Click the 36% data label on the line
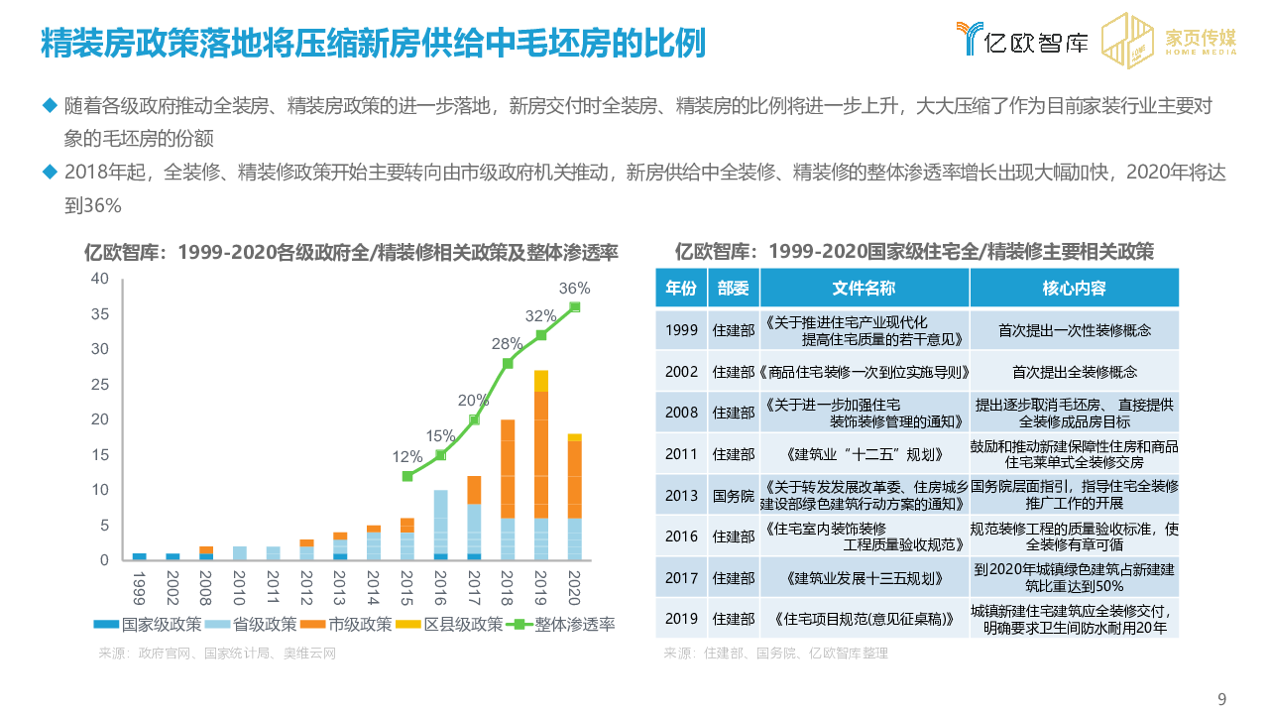pos(575,289)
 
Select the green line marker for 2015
pos(407,476)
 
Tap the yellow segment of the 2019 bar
pos(541,381)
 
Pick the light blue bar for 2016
pos(440,522)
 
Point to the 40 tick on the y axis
pos(99,279)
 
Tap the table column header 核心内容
pos(1074,288)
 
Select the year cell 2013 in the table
pos(682,495)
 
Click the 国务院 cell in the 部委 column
pos(734,495)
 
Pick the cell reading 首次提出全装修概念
pos(1074,372)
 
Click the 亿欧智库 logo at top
pos(1022,39)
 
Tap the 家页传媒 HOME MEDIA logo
pos(1170,40)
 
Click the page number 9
pos(1221,699)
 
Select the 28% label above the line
pos(507,344)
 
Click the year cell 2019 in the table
pos(682,619)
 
